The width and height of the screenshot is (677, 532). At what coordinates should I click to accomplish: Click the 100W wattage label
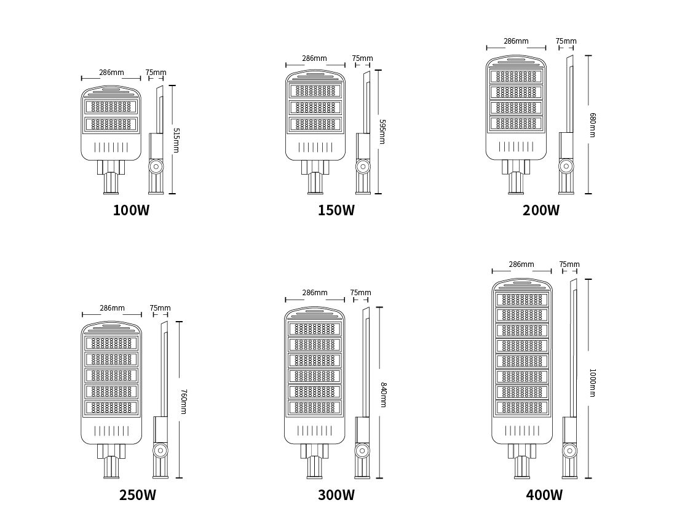click(x=131, y=210)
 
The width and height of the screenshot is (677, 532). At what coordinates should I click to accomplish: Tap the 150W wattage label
click(x=336, y=210)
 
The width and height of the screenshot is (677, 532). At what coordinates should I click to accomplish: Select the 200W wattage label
click(x=541, y=210)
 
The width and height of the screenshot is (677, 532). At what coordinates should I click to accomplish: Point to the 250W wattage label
click(x=138, y=495)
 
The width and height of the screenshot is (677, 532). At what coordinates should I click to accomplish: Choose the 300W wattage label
click(x=336, y=495)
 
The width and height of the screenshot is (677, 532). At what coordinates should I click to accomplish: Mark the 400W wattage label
click(x=544, y=495)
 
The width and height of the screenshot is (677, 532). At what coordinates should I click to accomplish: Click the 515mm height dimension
click(x=176, y=140)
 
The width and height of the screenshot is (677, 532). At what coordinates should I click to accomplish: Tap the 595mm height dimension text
click(x=382, y=132)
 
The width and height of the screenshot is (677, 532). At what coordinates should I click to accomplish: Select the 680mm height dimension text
click(x=593, y=125)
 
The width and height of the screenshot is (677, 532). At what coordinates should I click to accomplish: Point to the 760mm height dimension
click(x=183, y=402)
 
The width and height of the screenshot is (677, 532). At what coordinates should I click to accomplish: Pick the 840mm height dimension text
click(x=382, y=394)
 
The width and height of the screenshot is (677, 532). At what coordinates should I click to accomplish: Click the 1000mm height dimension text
click(x=593, y=383)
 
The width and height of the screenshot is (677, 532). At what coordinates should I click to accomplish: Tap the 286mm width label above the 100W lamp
click(x=111, y=72)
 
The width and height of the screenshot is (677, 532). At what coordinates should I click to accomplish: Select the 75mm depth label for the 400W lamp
click(x=569, y=264)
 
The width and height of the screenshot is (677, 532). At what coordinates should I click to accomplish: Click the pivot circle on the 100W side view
click(x=156, y=167)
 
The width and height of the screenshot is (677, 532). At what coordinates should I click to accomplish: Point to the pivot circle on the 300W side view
click(x=362, y=451)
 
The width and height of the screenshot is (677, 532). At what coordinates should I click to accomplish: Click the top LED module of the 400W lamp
click(x=522, y=300)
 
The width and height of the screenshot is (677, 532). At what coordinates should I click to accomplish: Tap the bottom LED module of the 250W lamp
click(x=111, y=407)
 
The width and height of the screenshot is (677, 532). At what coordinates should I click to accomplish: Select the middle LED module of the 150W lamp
click(x=315, y=107)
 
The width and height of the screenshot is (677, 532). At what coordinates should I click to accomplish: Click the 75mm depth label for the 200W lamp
click(x=566, y=41)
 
